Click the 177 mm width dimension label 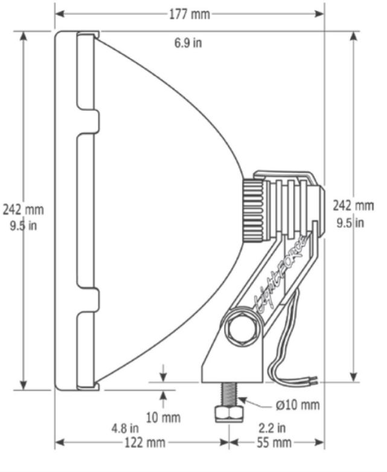point(190,14)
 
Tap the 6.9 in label point(188,43)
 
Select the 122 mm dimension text point(145,442)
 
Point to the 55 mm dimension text point(274,442)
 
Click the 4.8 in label point(126,428)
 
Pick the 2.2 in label point(272,428)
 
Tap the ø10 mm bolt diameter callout point(298,405)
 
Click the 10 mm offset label point(163,418)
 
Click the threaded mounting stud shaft point(229,394)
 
